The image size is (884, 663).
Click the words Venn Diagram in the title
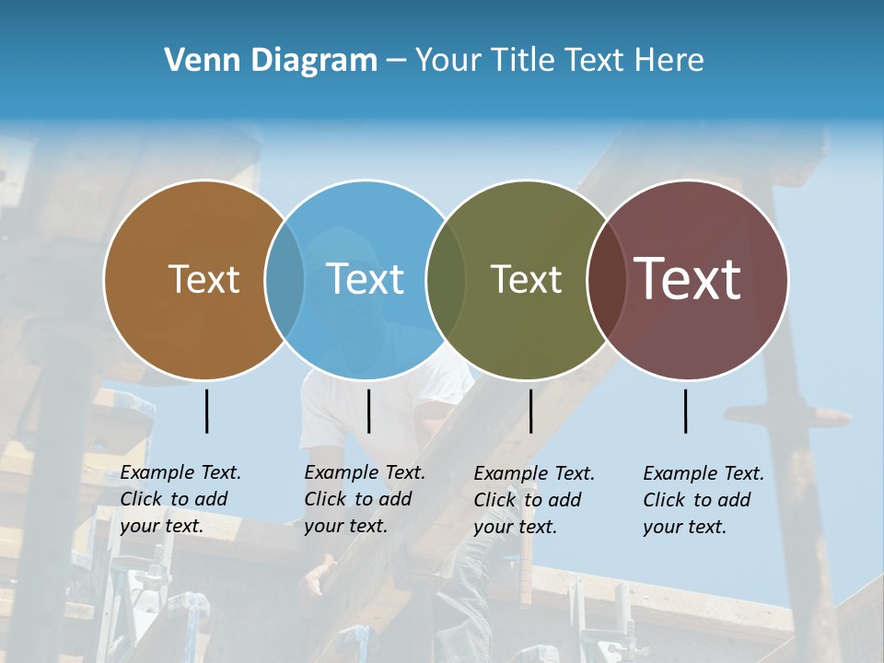(x=271, y=61)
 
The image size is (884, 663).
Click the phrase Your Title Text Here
(x=559, y=61)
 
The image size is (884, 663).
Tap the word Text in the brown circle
(x=204, y=280)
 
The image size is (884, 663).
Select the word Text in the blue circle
(x=365, y=280)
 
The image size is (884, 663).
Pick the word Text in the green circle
(x=526, y=280)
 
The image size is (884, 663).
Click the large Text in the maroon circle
(x=688, y=279)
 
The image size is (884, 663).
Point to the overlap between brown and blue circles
(x=285, y=280)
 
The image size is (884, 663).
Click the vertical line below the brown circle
(x=207, y=411)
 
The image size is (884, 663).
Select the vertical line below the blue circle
(x=368, y=411)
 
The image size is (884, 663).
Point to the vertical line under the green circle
(x=530, y=411)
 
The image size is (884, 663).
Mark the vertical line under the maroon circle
(x=686, y=411)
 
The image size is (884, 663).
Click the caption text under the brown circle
(x=180, y=499)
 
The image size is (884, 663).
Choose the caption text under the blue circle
(x=365, y=499)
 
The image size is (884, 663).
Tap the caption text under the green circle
(x=534, y=500)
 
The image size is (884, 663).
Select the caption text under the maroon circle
(x=704, y=500)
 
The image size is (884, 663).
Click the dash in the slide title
(x=396, y=61)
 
